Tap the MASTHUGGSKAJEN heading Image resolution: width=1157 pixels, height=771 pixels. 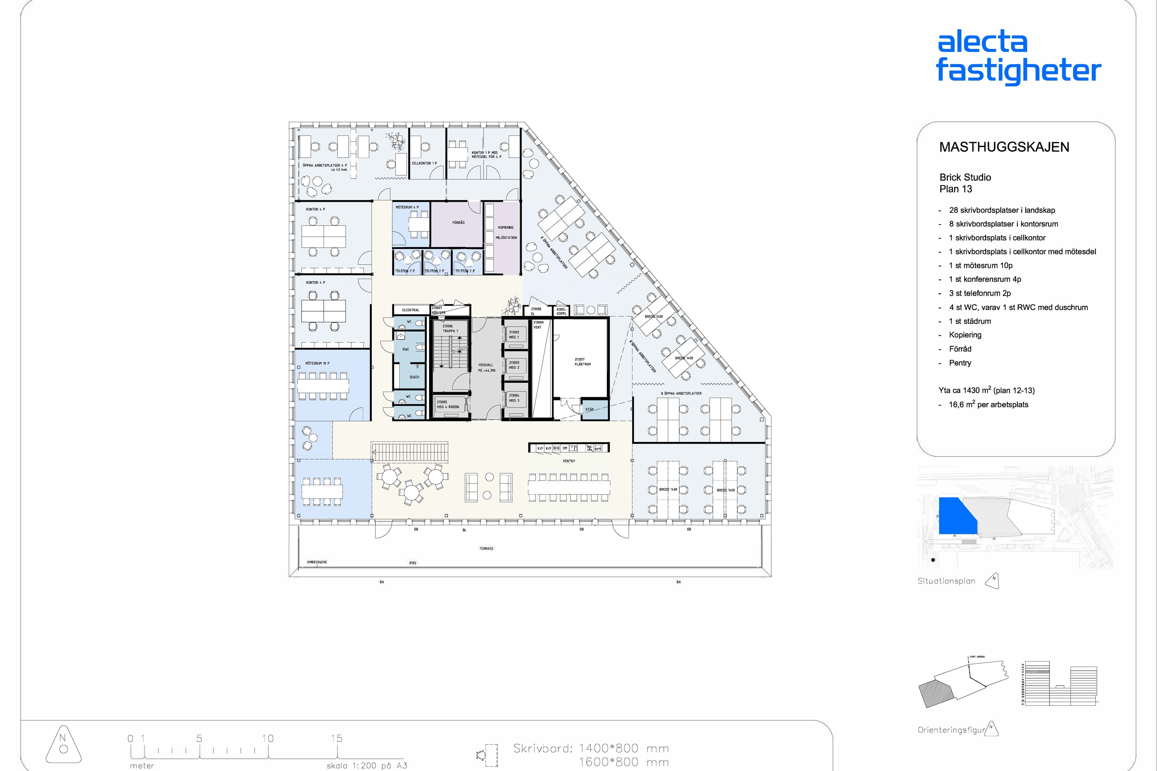pyautogui.click(x=1004, y=147)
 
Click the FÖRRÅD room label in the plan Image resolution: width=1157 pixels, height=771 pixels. pyautogui.click(x=459, y=223)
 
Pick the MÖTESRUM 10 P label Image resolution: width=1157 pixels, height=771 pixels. pyautogui.click(x=317, y=363)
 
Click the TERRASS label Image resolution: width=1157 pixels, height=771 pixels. pyautogui.click(x=486, y=548)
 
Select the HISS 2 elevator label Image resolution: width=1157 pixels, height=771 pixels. pyautogui.click(x=514, y=365)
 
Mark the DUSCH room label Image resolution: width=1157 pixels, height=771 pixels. pyautogui.click(x=414, y=377)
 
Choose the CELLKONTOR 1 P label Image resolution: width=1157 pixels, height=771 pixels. pyautogui.click(x=424, y=163)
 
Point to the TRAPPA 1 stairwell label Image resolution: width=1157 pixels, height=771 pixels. pyautogui.click(x=450, y=328)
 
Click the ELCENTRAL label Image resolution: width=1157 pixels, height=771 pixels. pyautogui.click(x=410, y=310)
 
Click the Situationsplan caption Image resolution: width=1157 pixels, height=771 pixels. pyautogui.click(x=946, y=581)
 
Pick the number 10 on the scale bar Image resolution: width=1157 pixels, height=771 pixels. pyautogui.click(x=268, y=739)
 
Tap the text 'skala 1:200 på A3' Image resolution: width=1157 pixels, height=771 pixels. pyautogui.click(x=366, y=766)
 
